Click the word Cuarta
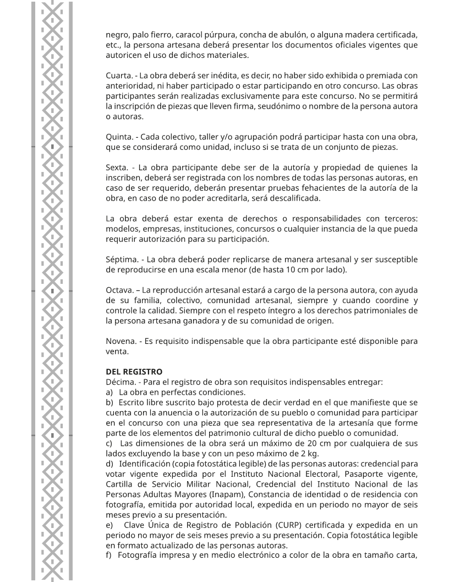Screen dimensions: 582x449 click(117, 75)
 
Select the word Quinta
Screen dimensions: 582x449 click(117, 137)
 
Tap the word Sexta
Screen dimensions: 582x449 click(116, 167)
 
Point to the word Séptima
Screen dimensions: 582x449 click(121, 259)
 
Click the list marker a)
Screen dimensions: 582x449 click(109, 392)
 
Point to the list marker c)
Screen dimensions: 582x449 click(109, 444)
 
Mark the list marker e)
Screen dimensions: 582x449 click(109, 525)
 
